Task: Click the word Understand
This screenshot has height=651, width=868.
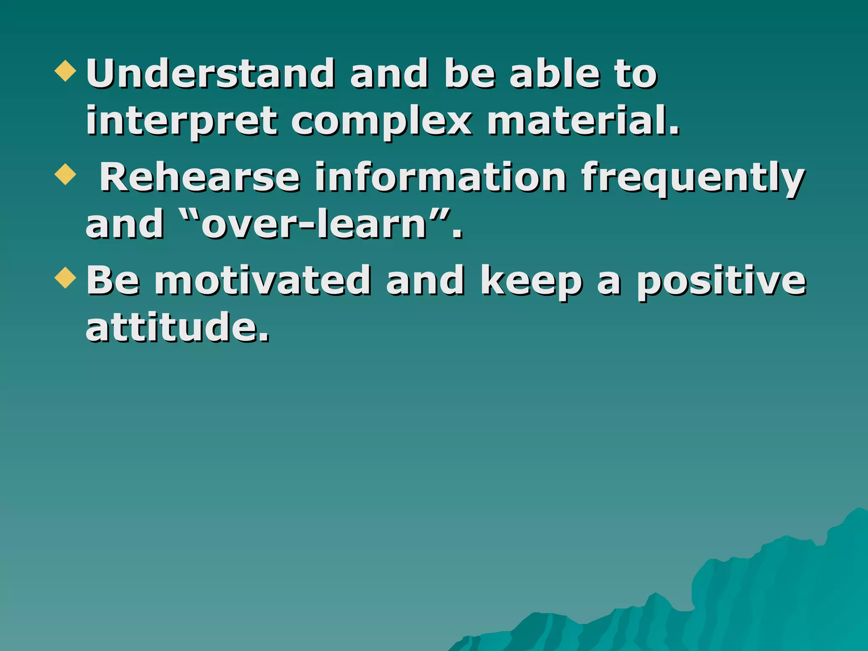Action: click(x=210, y=74)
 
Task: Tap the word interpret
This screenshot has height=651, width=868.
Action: click(x=181, y=122)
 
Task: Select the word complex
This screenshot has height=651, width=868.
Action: click(x=381, y=122)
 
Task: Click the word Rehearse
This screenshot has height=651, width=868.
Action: click(x=199, y=178)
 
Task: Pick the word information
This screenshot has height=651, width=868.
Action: click(x=440, y=178)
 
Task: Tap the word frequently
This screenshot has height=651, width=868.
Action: click(x=693, y=178)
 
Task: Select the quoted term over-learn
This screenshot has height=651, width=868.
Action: click(x=314, y=224)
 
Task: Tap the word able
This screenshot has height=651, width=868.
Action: click(x=555, y=74)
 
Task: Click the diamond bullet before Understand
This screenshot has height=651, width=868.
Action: click(x=66, y=71)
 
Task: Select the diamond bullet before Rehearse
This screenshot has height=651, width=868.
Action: click(x=66, y=174)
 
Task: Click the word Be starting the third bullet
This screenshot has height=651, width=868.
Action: click(x=113, y=281)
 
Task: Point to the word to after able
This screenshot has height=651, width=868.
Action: click(x=636, y=75)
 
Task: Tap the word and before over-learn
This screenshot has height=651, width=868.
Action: click(x=125, y=224)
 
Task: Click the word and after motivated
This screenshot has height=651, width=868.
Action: click(x=425, y=281)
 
